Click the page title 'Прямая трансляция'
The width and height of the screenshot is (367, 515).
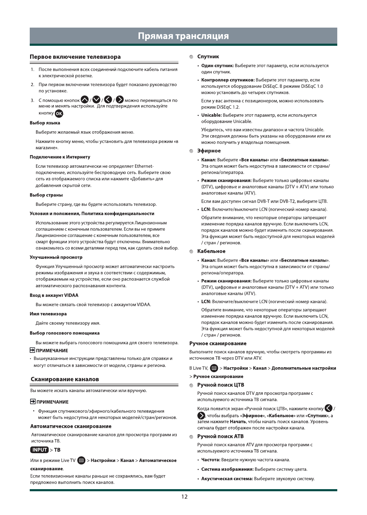pyautogui.click(x=183, y=36)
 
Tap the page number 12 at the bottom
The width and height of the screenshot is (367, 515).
pyautogui.click(x=184, y=497)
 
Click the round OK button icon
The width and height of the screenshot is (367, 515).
pyautogui.click(x=59, y=113)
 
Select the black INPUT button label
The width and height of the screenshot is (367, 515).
pyautogui.click(x=40, y=450)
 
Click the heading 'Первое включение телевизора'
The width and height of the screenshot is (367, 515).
pyautogui.click(x=75, y=57)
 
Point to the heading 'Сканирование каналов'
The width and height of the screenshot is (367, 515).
pyautogui.click(x=65, y=379)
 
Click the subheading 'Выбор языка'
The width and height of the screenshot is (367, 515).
pyautogui.click(x=45, y=123)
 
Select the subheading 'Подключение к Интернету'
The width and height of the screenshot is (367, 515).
pyautogui.click(x=60, y=157)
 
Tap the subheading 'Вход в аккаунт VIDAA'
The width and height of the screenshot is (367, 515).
pyautogui.click(x=54, y=295)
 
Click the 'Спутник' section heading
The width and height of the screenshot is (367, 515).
pyautogui.click(x=208, y=57)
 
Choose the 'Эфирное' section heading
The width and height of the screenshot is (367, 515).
pyautogui.click(x=209, y=151)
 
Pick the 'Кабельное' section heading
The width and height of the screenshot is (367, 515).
pyautogui.click(x=211, y=251)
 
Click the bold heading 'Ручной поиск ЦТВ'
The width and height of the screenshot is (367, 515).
pyautogui.click(x=221, y=385)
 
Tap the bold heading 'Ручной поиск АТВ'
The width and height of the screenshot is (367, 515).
pyautogui.click(x=220, y=436)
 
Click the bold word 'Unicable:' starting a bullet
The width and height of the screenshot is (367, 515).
pyautogui.click(x=211, y=115)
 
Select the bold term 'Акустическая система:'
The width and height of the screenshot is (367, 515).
pyautogui.click(x=227, y=479)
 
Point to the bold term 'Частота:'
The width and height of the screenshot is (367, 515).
pyautogui.click(x=211, y=460)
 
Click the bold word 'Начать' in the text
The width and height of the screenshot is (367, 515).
pyautogui.click(x=238, y=422)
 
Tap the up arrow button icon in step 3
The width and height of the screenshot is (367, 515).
pyautogui.click(x=85, y=100)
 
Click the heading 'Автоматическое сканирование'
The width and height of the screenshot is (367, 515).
pyautogui.click(x=71, y=426)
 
